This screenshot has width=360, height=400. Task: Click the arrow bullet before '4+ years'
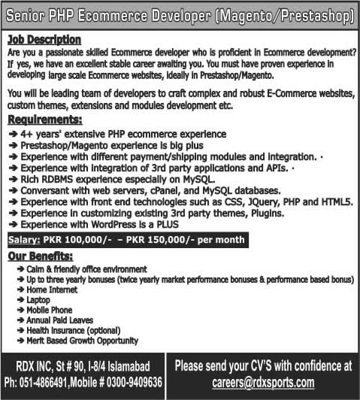click(14, 133)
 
